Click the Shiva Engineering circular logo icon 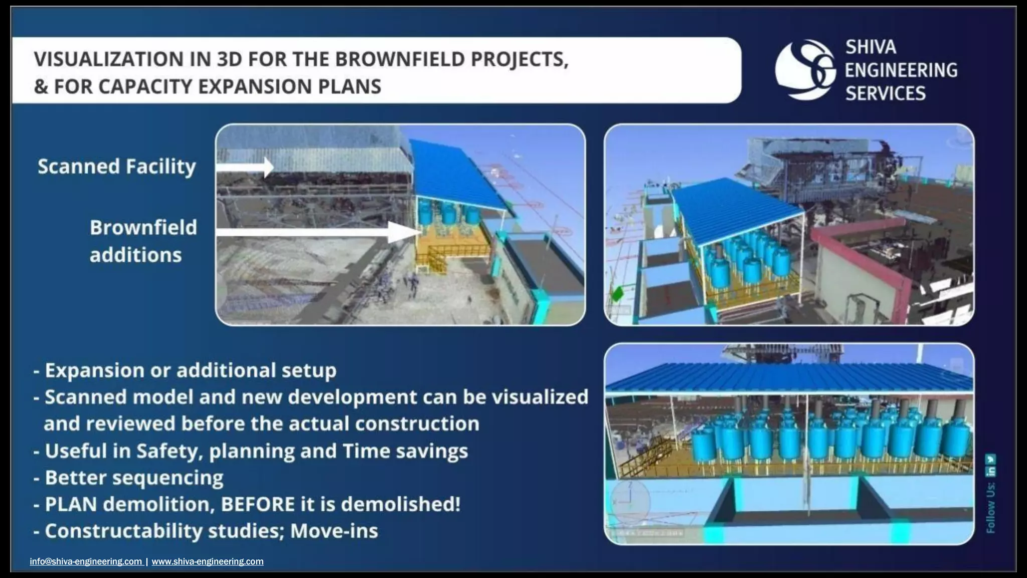[805, 70]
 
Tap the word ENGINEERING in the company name [901, 70]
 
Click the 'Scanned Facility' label [116, 167]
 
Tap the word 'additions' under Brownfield [135, 255]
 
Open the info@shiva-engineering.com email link [86, 561]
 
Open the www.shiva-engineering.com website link [207, 561]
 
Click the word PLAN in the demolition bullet [71, 504]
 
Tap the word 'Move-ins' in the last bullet [334, 531]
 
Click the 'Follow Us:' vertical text [990, 508]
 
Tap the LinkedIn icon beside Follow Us [990, 472]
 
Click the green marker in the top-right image [617, 294]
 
